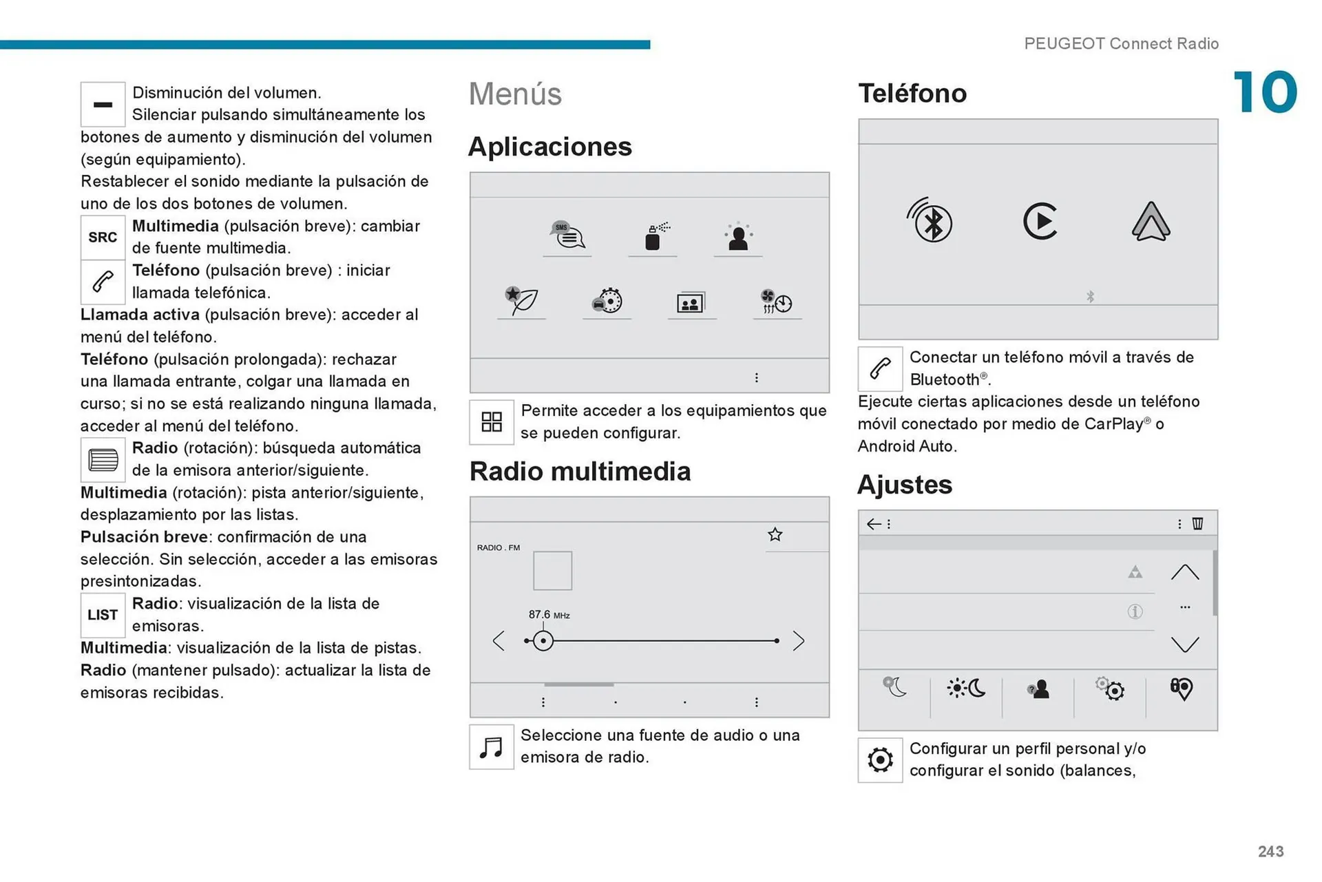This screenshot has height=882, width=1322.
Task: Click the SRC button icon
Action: [x=103, y=238]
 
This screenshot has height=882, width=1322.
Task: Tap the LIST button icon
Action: [x=103, y=615]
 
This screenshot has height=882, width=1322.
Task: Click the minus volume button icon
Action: [x=103, y=105]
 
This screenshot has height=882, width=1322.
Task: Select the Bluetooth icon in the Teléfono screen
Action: [x=930, y=221]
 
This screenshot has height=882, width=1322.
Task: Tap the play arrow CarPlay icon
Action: [x=1040, y=221]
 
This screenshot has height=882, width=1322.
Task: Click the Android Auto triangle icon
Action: [x=1151, y=222]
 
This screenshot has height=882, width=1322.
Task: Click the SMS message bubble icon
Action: [x=567, y=235]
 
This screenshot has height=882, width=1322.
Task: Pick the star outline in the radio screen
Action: [x=775, y=534]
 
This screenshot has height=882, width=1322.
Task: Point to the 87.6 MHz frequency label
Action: [x=549, y=614]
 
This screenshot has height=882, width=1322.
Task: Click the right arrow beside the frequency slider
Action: [x=798, y=641]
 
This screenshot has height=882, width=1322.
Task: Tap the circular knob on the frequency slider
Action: [x=543, y=641]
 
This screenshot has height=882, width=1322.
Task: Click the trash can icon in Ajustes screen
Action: [x=1198, y=523]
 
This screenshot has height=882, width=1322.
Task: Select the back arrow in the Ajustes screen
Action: [x=874, y=524]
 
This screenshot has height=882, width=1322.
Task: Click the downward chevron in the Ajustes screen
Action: [x=1185, y=644]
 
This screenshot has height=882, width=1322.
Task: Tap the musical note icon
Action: [x=492, y=747]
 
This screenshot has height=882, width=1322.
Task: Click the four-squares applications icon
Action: [x=492, y=422]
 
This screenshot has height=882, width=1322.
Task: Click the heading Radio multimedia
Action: [x=580, y=472]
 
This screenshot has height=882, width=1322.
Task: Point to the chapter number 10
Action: [x=1265, y=92]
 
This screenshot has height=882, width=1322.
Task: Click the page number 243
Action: [x=1270, y=852]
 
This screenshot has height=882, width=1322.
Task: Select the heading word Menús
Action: [x=515, y=94]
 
